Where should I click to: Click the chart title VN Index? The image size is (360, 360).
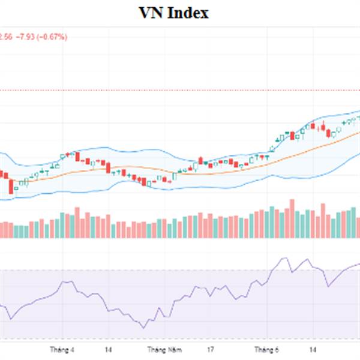[x=173, y=13]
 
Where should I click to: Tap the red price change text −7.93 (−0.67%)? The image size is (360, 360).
[x=43, y=37]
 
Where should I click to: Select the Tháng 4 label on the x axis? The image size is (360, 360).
[x=62, y=349]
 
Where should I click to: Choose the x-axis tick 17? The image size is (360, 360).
[x=211, y=349]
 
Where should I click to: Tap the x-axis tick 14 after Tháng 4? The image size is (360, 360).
[x=109, y=349]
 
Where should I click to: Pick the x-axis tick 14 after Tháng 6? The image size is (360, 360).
[x=313, y=349]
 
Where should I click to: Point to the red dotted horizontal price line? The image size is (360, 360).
[x=180, y=90]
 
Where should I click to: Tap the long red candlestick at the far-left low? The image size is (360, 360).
[x=11, y=186]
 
